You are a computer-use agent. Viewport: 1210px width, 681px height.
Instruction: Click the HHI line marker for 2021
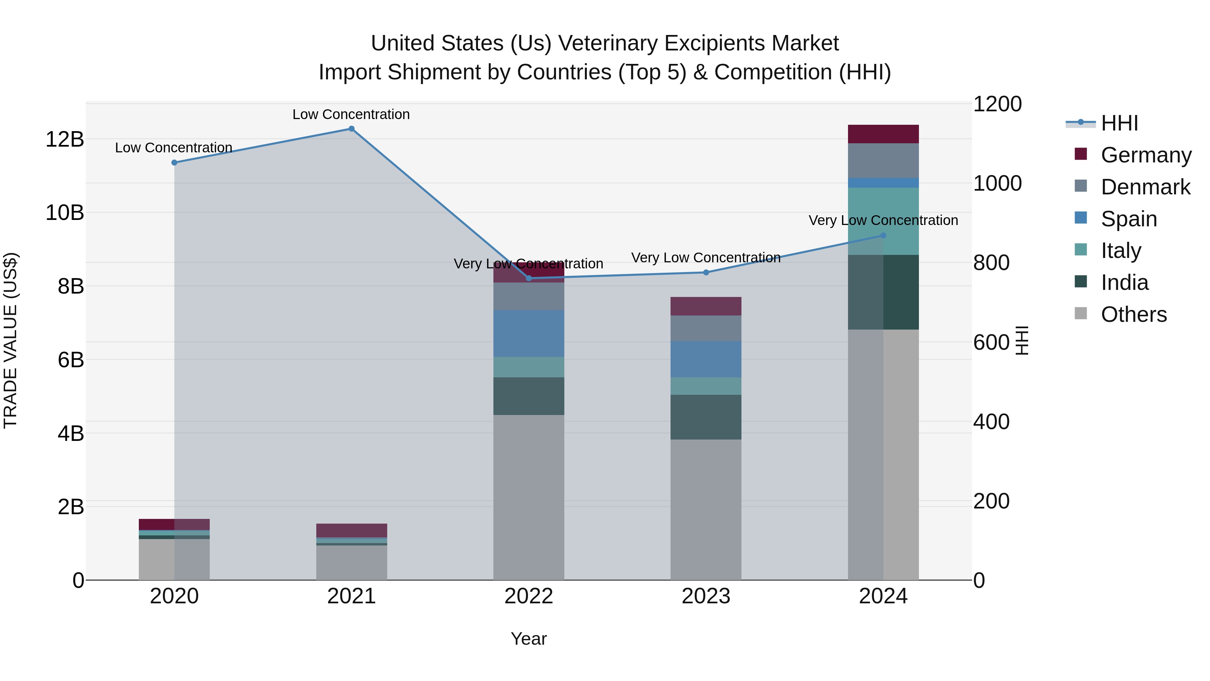coord(351,129)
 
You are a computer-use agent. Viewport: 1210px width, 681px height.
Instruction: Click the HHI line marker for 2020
coord(174,163)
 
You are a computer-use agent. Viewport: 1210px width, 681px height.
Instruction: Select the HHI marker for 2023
coord(706,273)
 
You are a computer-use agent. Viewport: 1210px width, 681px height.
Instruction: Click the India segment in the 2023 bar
coord(705,417)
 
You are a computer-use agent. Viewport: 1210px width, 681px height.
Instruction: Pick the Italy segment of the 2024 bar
coord(883,221)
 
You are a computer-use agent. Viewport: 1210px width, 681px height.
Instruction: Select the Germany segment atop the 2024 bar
coord(883,134)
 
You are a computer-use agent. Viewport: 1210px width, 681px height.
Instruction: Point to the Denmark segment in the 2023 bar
coord(705,328)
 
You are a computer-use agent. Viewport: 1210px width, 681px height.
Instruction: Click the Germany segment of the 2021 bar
coord(351,530)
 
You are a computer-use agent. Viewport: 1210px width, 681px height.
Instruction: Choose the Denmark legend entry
coord(1145,187)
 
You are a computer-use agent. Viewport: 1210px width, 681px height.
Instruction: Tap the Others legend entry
coord(1133,314)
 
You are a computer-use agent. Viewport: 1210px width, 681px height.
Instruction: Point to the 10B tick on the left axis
coord(65,213)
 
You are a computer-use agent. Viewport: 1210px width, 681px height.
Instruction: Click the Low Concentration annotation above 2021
coord(351,114)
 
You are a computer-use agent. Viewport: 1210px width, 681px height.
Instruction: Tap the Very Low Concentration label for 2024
coord(883,220)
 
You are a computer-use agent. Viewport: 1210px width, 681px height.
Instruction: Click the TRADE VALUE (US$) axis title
coord(11,340)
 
